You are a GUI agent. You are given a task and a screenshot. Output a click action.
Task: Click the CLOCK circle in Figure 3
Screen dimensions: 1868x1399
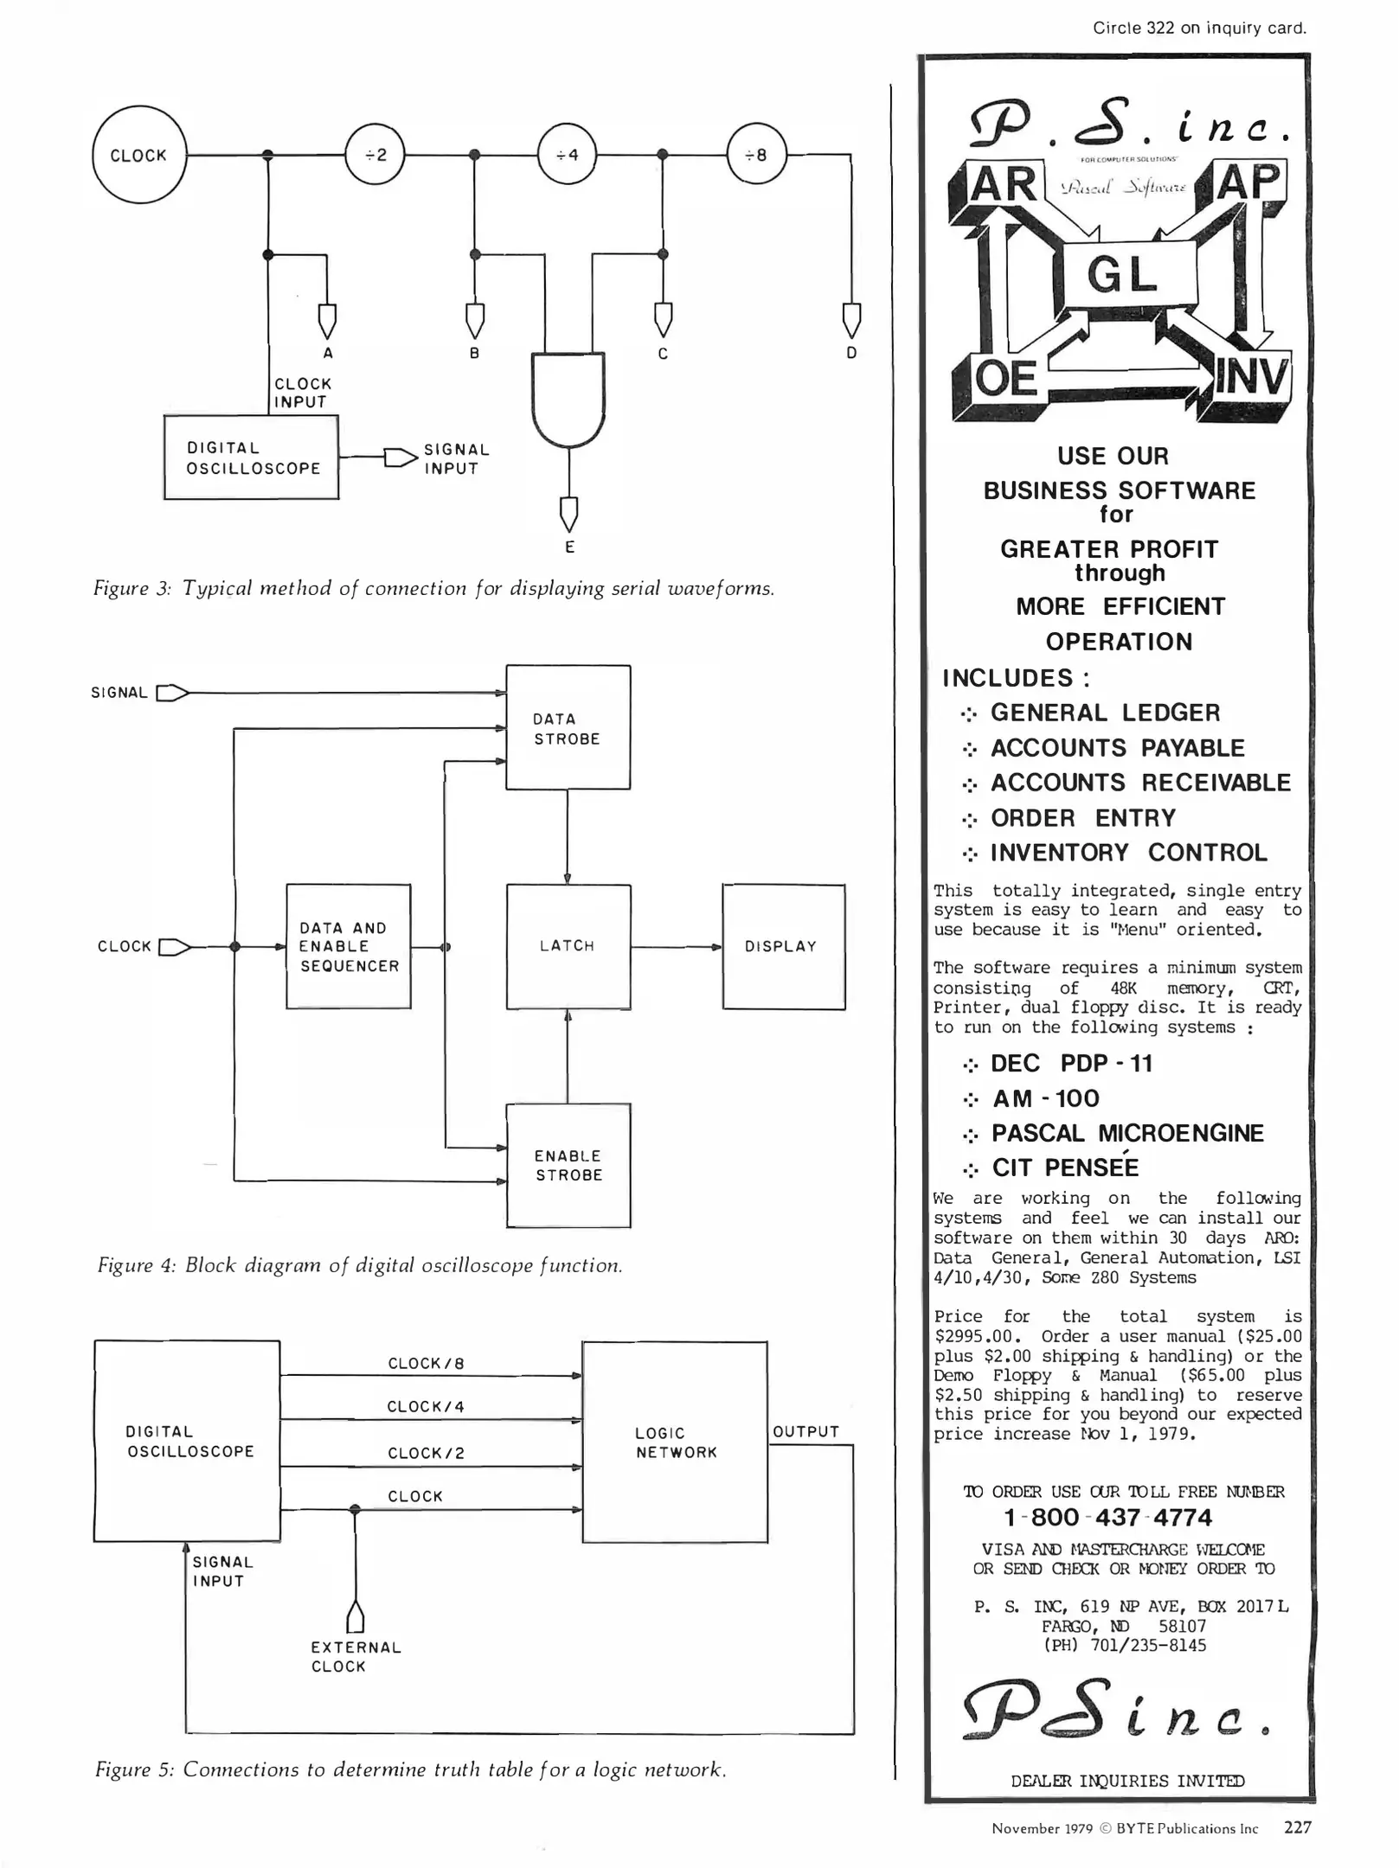coord(139,156)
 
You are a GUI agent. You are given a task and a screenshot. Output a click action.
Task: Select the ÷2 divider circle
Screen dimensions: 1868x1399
coord(375,156)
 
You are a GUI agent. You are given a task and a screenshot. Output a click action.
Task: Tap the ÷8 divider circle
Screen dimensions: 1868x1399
coord(756,156)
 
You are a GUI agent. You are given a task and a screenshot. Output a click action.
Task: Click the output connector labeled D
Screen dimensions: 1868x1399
coord(851,319)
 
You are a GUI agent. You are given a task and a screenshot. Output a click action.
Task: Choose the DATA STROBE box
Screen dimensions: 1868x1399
coord(568,728)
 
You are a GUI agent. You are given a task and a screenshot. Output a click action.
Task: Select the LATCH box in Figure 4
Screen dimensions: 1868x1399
coord(568,946)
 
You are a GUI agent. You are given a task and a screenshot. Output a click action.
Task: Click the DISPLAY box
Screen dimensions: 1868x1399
coord(783,946)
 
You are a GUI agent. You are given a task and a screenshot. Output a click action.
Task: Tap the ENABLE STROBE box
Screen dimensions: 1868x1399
coord(568,1166)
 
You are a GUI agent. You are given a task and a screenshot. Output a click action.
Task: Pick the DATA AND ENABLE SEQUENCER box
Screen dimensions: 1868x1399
coord(349,946)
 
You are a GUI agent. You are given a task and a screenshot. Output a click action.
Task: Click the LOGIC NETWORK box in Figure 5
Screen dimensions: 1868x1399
coord(675,1443)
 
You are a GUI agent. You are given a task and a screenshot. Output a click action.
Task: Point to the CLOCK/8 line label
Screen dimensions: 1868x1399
coord(426,1364)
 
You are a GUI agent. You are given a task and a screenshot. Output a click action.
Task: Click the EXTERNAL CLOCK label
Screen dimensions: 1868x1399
coord(356,1657)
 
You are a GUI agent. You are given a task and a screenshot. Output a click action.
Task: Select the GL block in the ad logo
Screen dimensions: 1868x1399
coord(1121,276)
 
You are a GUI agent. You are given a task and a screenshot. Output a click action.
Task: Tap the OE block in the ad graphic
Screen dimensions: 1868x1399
coord(1005,379)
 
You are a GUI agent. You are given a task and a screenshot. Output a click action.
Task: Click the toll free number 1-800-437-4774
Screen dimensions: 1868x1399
coord(1107,1518)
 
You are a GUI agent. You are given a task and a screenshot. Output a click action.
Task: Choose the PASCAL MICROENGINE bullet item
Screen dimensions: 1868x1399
coord(1126,1133)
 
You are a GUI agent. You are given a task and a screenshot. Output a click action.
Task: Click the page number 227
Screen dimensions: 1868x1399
coord(1297,1827)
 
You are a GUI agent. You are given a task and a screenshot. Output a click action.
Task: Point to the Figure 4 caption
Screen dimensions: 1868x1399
coord(360,1265)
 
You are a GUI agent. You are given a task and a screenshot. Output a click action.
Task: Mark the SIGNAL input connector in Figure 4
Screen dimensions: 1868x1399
coord(172,693)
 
